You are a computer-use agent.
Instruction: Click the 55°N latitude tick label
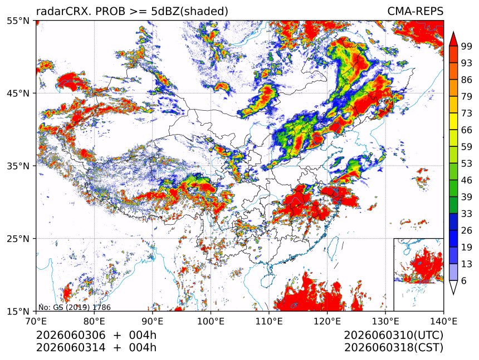coord(18,21)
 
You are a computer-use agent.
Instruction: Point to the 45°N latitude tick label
coord(18,93)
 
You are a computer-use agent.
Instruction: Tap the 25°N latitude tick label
coord(18,238)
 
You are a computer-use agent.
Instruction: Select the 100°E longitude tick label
coord(211,321)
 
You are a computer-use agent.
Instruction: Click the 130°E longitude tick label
coord(385,321)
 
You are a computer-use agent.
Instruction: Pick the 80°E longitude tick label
coord(94,321)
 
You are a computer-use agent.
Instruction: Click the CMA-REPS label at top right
coord(415,11)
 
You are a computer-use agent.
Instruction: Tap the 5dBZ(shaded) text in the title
coord(189,12)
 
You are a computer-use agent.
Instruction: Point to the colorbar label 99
coord(467,46)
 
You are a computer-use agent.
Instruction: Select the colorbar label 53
coord(467,164)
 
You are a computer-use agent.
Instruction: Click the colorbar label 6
coord(464,280)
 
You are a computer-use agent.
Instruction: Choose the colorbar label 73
coord(467,113)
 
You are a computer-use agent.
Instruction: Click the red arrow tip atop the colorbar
coord(453,32)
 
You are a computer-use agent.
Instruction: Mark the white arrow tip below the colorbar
coord(453,294)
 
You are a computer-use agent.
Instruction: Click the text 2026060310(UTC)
coord(393,336)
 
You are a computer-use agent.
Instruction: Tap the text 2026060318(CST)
coord(393,348)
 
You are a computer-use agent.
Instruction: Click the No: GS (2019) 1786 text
coord(75,307)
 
